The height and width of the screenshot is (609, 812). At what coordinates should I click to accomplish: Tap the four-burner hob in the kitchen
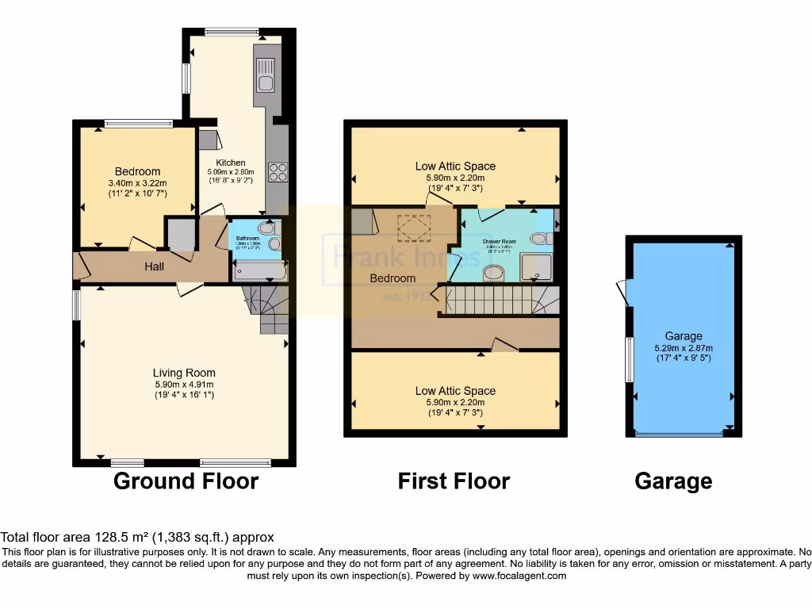278,172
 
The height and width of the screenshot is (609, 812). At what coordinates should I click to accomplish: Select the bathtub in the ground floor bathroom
259,272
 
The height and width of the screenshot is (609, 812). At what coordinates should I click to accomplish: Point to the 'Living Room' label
184,373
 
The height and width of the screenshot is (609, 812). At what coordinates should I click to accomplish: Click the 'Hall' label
154,266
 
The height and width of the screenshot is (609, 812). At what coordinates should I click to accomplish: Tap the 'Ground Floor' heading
186,481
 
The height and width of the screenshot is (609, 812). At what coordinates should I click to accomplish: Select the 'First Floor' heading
454,481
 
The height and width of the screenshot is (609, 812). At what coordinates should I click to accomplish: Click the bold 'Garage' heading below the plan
673,481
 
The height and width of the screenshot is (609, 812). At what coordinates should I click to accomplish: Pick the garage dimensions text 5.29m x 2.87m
684,347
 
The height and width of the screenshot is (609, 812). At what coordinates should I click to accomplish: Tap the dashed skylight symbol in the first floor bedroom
412,231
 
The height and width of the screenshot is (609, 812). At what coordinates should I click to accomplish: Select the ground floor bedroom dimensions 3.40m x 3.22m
137,183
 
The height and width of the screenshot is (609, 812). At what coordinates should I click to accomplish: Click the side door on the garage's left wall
622,293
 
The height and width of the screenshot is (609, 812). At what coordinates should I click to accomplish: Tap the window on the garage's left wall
629,358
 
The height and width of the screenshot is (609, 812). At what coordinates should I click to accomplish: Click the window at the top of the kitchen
232,32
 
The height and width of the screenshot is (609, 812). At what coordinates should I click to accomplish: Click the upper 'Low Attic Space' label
455,166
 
